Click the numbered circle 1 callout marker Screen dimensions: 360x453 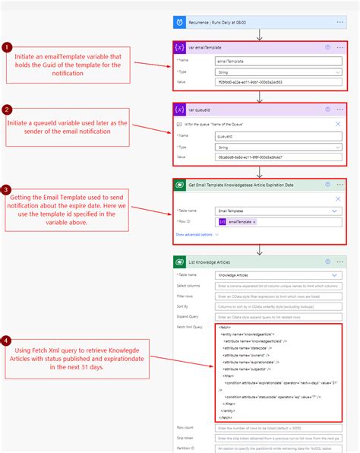(x=7, y=46)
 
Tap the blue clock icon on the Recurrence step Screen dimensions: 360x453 (x=179, y=23)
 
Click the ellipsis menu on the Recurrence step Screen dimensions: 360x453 (x=340, y=23)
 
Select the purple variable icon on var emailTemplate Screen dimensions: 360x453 (x=180, y=46)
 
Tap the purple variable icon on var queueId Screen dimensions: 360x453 (x=180, y=109)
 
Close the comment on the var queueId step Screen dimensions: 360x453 (x=338, y=122)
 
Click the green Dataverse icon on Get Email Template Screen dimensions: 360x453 (x=180, y=185)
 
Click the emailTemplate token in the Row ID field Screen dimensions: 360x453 (x=238, y=221)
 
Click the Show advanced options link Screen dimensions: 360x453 (x=194, y=235)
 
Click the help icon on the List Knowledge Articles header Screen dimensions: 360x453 (x=327, y=261)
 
